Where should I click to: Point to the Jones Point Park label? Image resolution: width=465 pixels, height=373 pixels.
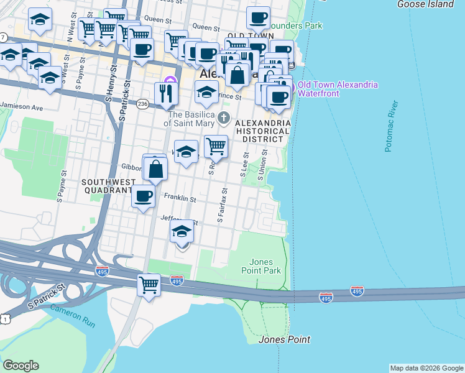(265, 266)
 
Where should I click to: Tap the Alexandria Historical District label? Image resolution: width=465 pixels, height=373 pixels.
(262, 131)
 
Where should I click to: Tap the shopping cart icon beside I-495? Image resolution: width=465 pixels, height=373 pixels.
(149, 285)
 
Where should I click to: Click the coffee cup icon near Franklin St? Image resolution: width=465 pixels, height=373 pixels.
(143, 196)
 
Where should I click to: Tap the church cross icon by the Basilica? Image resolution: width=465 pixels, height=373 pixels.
(224, 117)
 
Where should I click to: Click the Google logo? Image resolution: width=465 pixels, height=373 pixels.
(21, 366)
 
